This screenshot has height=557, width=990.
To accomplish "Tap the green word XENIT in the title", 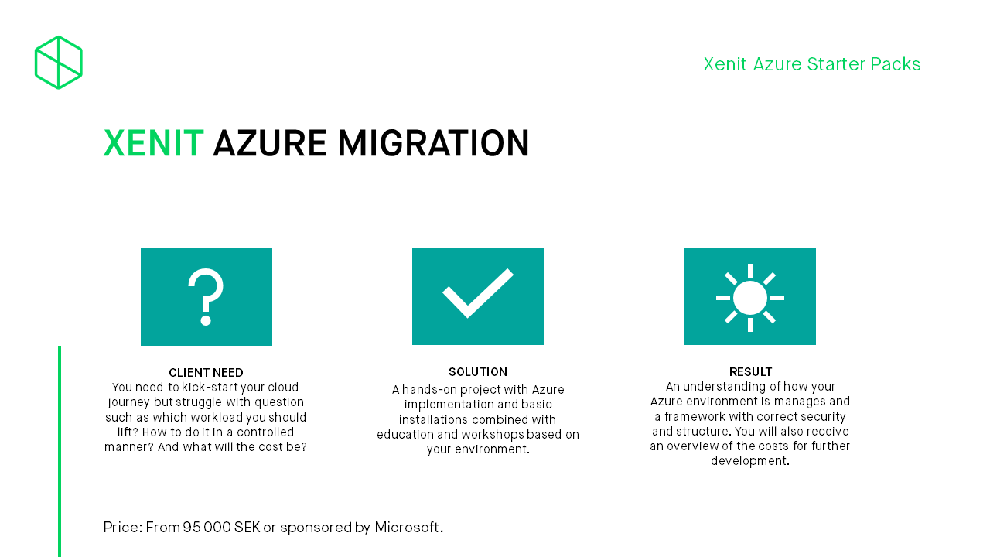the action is click(x=153, y=143).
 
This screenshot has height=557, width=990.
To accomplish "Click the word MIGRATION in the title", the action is click(x=433, y=143).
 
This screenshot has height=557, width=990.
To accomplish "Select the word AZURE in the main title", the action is click(x=270, y=143).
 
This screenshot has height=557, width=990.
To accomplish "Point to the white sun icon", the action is click(x=750, y=298).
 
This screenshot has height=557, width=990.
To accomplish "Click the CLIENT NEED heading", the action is click(x=206, y=373).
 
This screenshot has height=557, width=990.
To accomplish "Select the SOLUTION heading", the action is click(x=478, y=372).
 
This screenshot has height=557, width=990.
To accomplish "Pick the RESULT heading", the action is click(x=750, y=372).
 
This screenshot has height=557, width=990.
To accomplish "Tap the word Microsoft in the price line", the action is click(x=407, y=528).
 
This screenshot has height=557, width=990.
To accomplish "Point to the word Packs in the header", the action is click(x=896, y=64).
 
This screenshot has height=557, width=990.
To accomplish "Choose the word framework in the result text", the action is click(x=695, y=416).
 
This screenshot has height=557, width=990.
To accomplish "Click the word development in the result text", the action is click(x=750, y=461).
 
